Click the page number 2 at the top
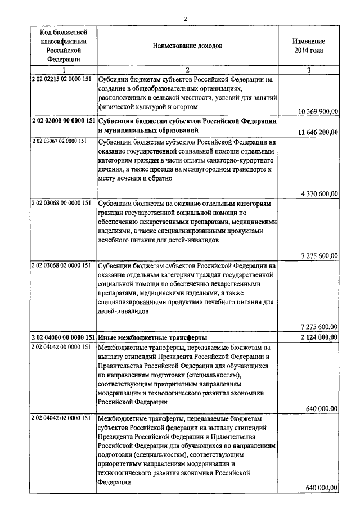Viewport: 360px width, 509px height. coord(184,18)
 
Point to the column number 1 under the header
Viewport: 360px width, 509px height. coord(64,70)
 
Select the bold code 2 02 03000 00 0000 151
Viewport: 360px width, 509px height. coord(64,121)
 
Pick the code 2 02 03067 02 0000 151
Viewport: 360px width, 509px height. coord(60,141)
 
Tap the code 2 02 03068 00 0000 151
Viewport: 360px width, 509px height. coord(60,202)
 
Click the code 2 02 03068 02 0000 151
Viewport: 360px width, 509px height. coord(60,264)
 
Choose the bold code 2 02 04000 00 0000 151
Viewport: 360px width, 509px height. coord(64,337)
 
